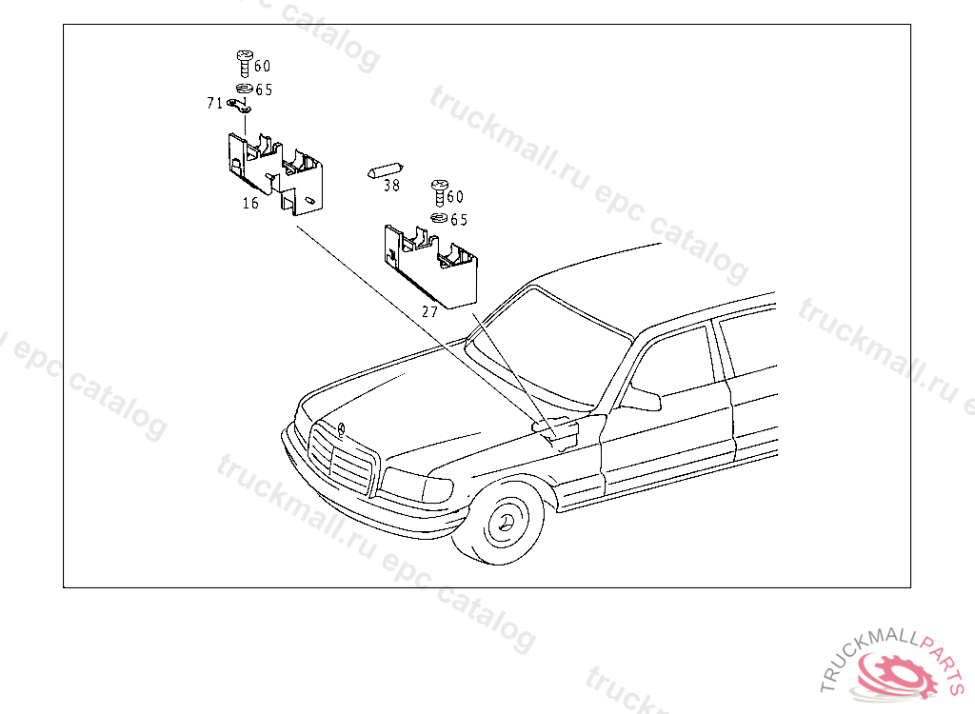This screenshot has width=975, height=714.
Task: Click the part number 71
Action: (214, 103)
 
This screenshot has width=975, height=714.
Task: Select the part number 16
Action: (250, 203)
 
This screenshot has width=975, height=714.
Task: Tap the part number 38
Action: (391, 186)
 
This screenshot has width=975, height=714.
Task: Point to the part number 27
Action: (429, 311)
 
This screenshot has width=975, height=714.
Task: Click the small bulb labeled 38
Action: (382, 171)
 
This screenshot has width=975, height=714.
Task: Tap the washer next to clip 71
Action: (244, 89)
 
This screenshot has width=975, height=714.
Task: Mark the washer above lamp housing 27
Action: (439, 219)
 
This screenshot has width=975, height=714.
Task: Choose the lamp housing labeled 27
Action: (430, 264)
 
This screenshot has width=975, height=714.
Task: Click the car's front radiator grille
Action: (341, 460)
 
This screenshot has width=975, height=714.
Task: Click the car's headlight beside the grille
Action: (415, 487)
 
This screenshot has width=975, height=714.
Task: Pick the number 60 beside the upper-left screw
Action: (262, 66)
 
